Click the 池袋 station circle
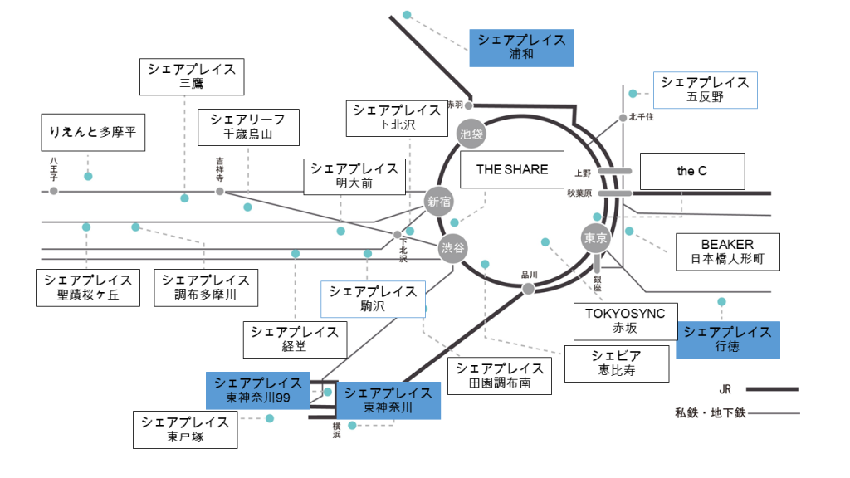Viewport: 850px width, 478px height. (x=471, y=133)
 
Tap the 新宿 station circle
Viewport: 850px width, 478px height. (x=440, y=200)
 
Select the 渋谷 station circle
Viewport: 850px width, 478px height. (x=453, y=248)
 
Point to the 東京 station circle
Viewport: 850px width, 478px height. (x=596, y=238)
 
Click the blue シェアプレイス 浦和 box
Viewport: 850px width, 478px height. (x=521, y=47)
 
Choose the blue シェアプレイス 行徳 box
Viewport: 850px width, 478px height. (x=727, y=339)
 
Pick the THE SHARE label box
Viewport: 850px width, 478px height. (x=512, y=169)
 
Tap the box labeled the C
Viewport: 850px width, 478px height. (x=691, y=172)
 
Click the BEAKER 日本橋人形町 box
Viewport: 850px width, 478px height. (x=727, y=252)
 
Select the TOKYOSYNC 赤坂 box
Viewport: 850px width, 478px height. (x=625, y=321)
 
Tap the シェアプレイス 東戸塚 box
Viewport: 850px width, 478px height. (x=184, y=430)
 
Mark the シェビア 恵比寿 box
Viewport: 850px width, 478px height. (x=617, y=363)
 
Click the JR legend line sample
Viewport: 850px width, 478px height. (x=772, y=388)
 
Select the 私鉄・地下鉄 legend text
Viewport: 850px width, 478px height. (x=711, y=412)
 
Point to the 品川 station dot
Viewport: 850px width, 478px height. (x=527, y=289)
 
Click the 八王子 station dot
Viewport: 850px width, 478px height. (x=54, y=191)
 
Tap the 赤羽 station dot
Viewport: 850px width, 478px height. (x=469, y=105)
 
